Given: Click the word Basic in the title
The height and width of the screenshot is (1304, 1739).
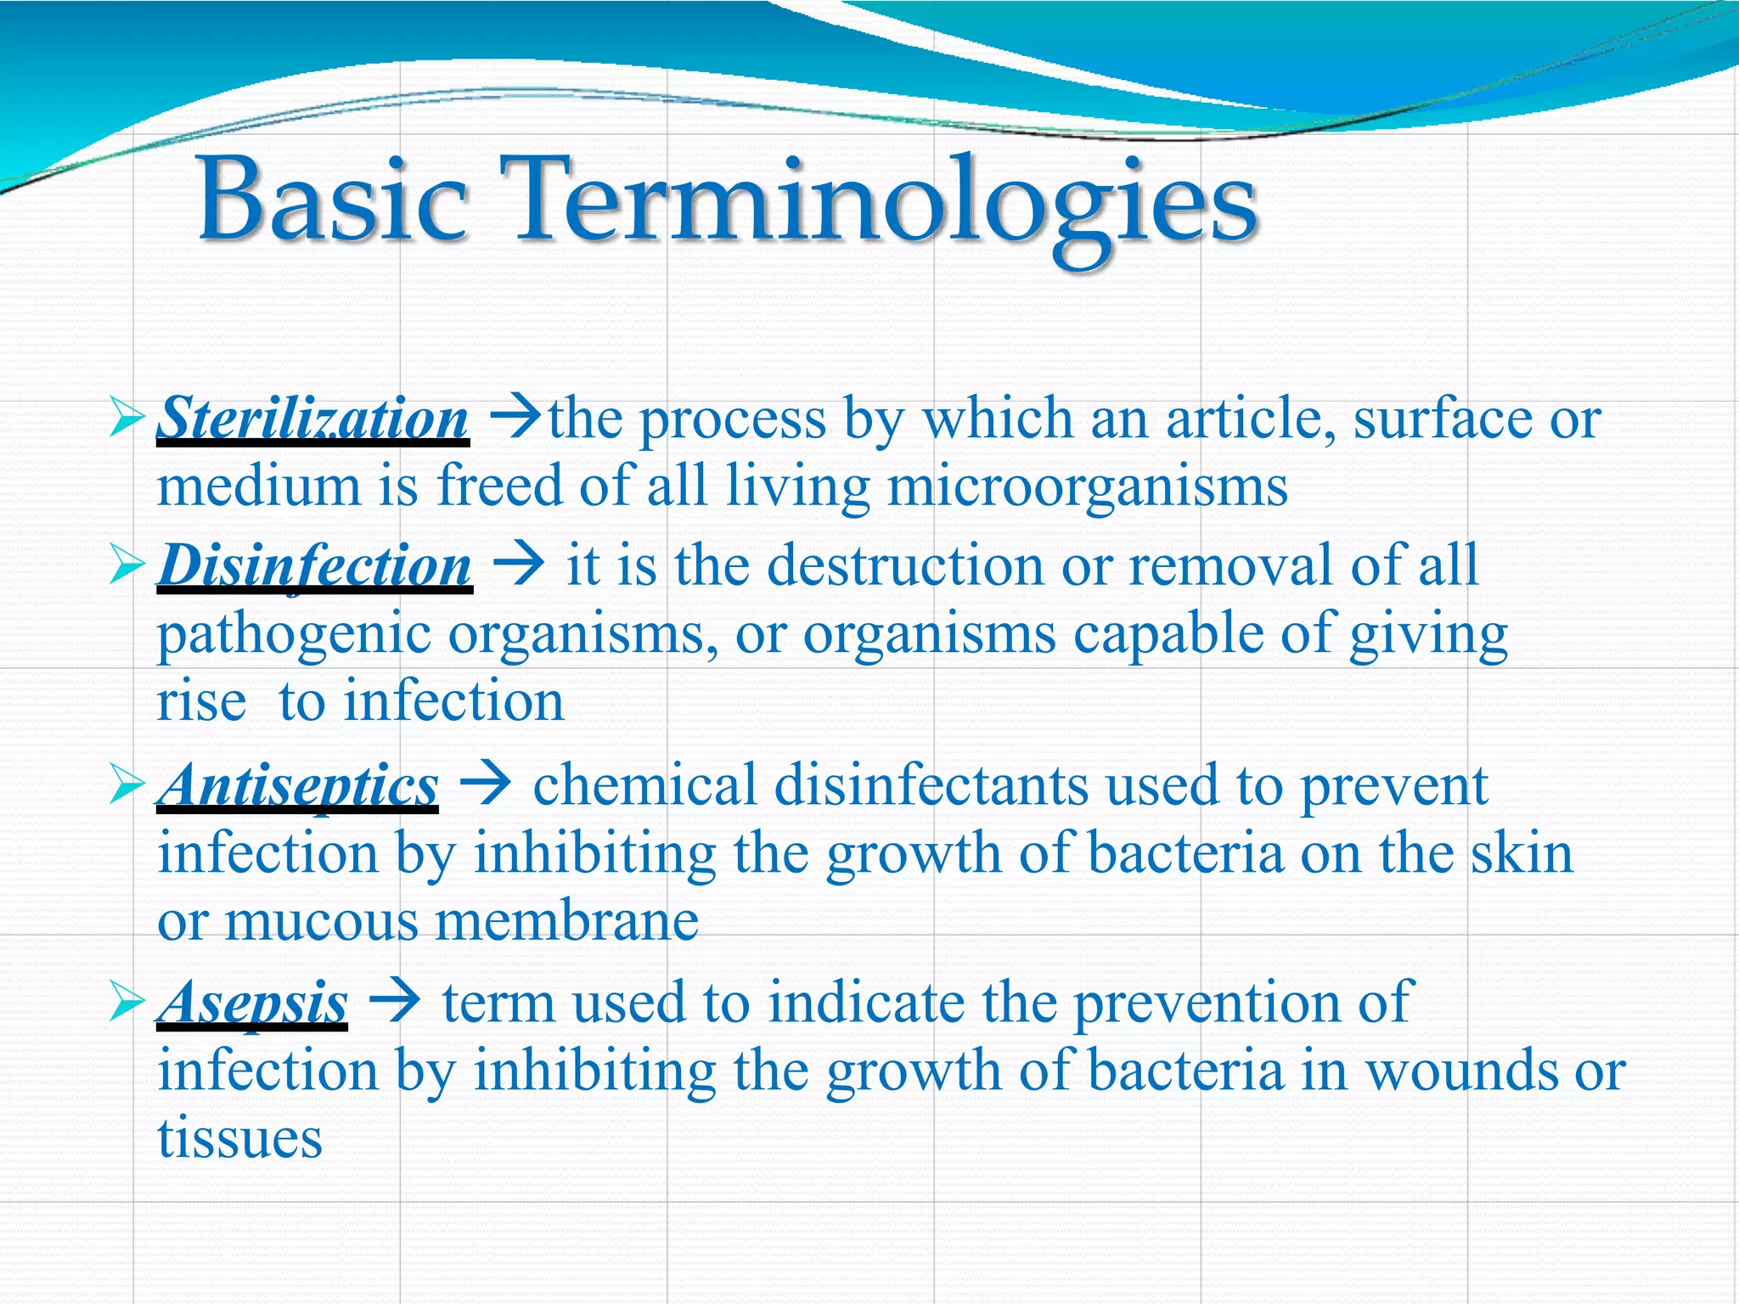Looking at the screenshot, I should click(333, 200).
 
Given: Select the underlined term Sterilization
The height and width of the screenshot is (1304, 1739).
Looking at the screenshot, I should click(312, 419).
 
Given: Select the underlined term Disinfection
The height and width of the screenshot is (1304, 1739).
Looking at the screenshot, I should click(314, 565).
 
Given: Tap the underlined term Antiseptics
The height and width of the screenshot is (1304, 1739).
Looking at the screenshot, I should click(297, 785).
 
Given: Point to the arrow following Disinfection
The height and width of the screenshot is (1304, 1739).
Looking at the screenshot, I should click(518, 564).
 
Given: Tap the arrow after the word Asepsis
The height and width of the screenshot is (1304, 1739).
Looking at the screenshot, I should click(395, 1002).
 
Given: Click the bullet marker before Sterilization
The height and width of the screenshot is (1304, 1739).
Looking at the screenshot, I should click(127, 419).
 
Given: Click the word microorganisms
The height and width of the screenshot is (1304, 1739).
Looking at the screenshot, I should click(1088, 487).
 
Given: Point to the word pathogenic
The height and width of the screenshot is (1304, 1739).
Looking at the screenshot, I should click(294, 635).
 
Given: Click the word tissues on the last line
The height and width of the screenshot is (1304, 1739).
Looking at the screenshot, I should click(239, 1138).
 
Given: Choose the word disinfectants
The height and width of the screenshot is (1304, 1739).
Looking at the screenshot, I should click(931, 785).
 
